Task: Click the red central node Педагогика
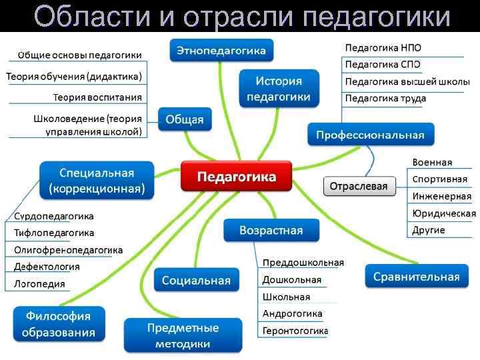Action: (236, 177)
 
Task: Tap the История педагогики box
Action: (279, 89)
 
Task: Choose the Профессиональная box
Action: (370, 135)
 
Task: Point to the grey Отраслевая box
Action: (359, 186)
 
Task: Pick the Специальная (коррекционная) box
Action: (97, 181)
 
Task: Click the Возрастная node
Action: (271, 231)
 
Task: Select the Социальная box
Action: (196, 280)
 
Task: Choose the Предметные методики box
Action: (183, 335)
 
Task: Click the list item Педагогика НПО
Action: (383, 48)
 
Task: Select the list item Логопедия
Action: (39, 284)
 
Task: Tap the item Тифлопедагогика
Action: (54, 233)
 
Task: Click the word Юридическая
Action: (443, 213)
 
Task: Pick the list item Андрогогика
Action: (292, 313)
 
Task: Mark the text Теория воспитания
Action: (97, 97)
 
